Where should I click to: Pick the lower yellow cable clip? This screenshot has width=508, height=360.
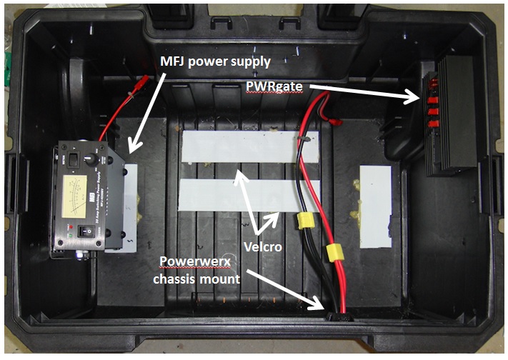(x=332, y=252)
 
